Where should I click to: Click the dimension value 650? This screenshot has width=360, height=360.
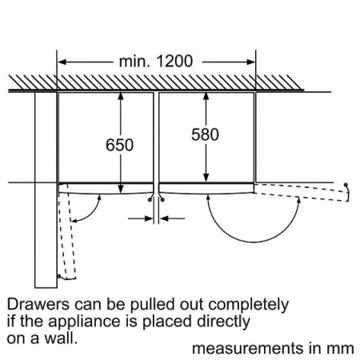pyautogui.click(x=120, y=145)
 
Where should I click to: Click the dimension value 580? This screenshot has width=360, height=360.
pyautogui.click(x=205, y=134)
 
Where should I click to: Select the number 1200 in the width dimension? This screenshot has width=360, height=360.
pyautogui.click(x=174, y=62)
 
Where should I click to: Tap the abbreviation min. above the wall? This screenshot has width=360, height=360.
pyautogui.click(x=134, y=62)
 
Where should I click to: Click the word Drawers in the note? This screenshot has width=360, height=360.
pyautogui.click(x=38, y=304)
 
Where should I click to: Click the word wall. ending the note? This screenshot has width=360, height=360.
pyautogui.click(x=60, y=338)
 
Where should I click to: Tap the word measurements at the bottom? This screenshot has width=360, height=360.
pyautogui.click(x=248, y=349)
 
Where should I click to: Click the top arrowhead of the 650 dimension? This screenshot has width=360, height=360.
pyautogui.click(x=121, y=96)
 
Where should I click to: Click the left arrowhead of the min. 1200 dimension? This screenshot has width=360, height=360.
pyautogui.click(x=62, y=62)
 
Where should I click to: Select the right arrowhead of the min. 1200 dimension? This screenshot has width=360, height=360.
pyautogui.click(x=251, y=62)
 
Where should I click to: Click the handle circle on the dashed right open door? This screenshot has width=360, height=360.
pyautogui.click(x=346, y=185)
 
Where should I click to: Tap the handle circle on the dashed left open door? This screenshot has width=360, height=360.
pyautogui.click(x=58, y=276)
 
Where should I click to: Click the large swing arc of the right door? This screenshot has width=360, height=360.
pyautogui.click(x=254, y=242)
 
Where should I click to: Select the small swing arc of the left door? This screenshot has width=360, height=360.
pyautogui.click(x=92, y=214)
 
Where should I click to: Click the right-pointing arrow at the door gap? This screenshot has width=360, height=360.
pyautogui.click(x=141, y=218)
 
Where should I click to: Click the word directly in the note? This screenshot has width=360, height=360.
pyautogui.click(x=224, y=322)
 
